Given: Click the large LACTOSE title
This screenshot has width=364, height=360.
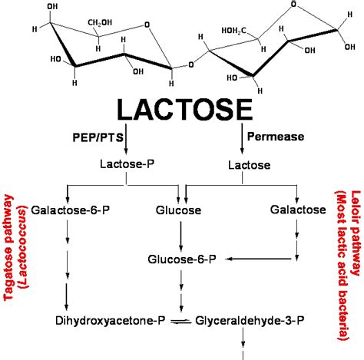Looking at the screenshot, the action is [x=185, y=110].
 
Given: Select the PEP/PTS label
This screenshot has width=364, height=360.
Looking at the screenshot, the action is [x=98, y=137].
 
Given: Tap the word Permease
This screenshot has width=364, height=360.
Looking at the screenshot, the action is [x=276, y=137].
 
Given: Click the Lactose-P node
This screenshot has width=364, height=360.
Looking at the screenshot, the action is [x=127, y=164].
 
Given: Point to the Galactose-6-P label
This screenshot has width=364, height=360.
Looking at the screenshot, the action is [x=71, y=210].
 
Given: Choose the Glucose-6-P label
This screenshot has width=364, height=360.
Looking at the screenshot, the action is [x=182, y=259].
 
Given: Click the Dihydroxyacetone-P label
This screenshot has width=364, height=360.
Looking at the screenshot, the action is [x=111, y=321].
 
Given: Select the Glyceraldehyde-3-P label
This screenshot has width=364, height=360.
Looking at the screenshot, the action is [x=250, y=321].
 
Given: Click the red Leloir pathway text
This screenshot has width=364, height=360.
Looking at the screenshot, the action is [x=356, y=233].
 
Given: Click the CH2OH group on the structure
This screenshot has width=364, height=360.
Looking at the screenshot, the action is [x=100, y=22].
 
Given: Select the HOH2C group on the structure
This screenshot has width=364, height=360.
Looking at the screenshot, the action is [x=233, y=31].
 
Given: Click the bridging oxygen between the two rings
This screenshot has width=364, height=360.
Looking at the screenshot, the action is [x=191, y=64].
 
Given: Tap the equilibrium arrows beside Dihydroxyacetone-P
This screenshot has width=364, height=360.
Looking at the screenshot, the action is [x=180, y=321].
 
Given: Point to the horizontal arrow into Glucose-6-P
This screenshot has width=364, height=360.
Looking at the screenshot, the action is [x=259, y=259].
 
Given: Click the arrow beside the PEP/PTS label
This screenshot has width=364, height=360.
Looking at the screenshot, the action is [x=126, y=139].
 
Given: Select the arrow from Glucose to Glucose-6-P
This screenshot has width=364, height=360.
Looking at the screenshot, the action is [x=181, y=236].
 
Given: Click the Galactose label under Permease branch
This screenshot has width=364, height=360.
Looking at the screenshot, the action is [x=298, y=210].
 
